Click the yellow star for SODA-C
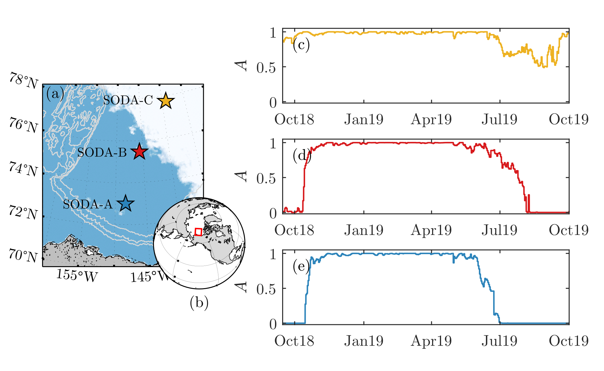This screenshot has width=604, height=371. tap(166, 101)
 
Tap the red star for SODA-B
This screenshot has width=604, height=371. tap(139, 151)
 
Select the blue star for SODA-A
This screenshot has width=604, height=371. tap(125, 203)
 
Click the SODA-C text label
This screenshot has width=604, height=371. tap(128, 100)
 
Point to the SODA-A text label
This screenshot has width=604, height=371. tap(88, 204)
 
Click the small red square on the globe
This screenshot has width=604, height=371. tap(199, 232)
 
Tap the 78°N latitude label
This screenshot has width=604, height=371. tap(24, 81)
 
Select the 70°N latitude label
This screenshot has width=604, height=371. tap(23, 256)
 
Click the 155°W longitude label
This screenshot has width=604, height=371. tap(77, 275)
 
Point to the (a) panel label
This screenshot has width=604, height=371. tap(55, 93)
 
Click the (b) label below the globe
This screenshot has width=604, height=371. tap(199, 303)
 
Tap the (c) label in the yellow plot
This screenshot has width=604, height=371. tap(301, 45)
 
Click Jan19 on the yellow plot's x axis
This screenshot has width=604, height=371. tap(364, 119)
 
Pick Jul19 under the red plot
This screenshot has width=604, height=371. tap(499, 230)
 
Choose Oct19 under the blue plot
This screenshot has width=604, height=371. tap(569, 341)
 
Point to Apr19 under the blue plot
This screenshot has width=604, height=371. tap(431, 341)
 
